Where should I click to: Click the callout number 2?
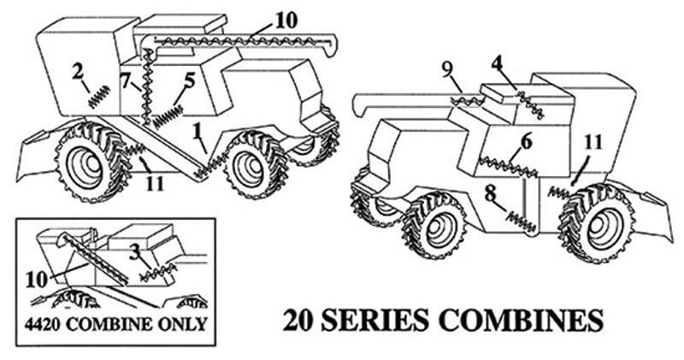(78, 73)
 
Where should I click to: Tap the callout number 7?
(126, 80)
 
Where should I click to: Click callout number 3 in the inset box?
(135, 251)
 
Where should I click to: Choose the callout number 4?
(497, 64)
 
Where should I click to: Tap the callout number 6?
(527, 142)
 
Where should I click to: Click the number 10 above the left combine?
(286, 21)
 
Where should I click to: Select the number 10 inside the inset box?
(36, 280)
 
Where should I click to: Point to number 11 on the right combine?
(593, 143)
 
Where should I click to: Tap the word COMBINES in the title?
(521, 321)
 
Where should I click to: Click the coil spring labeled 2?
(99, 97)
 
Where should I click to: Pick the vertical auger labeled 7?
(148, 87)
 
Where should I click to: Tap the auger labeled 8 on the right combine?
(521, 221)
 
